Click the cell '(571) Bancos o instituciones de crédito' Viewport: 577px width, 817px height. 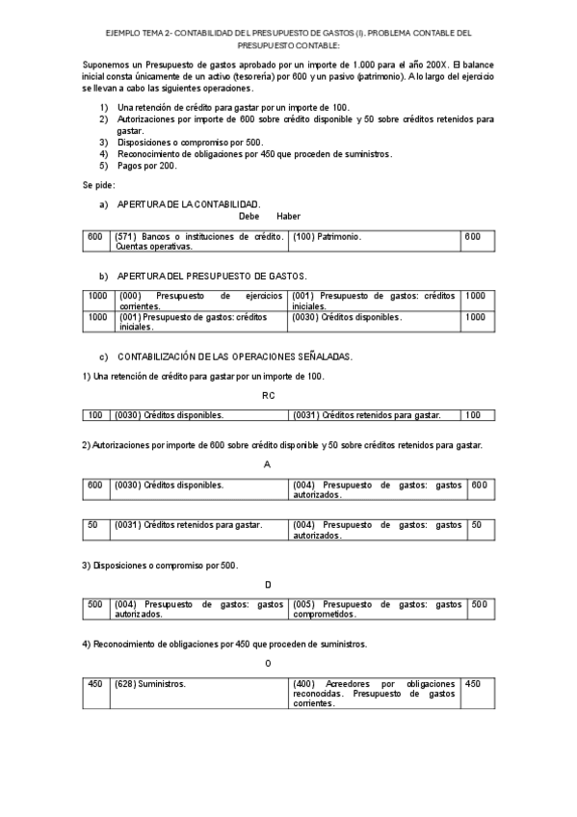coord(198,241)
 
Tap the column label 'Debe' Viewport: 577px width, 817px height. coord(235,216)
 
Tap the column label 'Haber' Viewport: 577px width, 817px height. coord(275,216)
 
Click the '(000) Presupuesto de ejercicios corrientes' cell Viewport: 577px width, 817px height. coord(198,301)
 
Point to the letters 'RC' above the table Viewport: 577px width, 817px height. coord(268,394)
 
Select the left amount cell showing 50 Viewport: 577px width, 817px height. coord(93,525)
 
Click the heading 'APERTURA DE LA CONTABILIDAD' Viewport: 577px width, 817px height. coord(188,204)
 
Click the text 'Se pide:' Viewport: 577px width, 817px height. coord(98,183)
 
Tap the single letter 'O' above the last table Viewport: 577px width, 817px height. coord(268,662)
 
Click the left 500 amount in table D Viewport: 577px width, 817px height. coord(94,604)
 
